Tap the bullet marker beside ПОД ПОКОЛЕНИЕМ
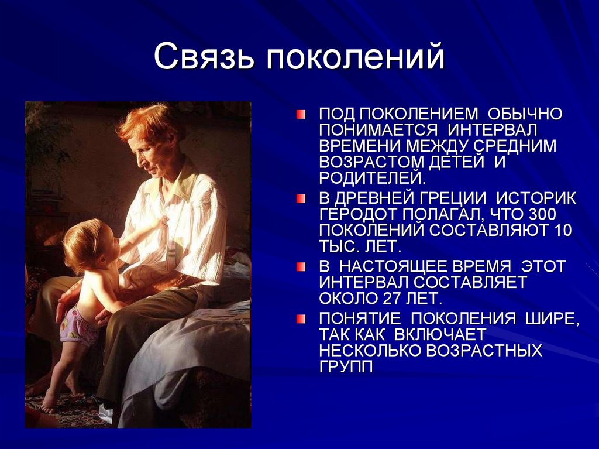(x=301, y=114)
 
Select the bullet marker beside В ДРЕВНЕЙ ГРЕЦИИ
(x=301, y=199)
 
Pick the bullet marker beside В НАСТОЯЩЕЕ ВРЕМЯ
(x=301, y=267)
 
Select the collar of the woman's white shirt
(x=175, y=179)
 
